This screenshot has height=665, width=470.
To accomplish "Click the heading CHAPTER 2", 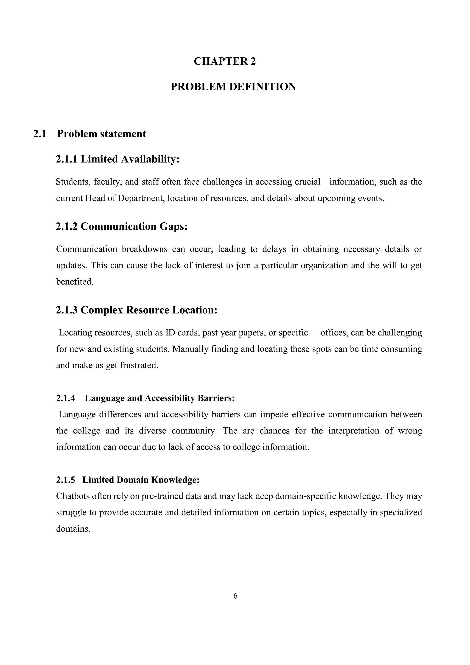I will click(x=225, y=61).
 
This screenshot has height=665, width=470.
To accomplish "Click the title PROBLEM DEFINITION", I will click(x=233, y=87).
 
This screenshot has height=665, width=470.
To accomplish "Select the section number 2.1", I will click(x=40, y=134).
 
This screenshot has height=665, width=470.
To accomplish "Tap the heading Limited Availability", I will click(x=130, y=159).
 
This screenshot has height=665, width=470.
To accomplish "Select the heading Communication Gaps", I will click(x=134, y=226).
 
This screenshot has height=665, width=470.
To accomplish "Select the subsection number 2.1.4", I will click(x=65, y=398).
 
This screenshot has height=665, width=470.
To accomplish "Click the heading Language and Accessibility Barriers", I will click(x=159, y=398).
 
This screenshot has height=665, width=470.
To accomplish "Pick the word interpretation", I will click(x=354, y=431).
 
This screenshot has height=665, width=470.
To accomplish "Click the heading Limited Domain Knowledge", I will click(x=141, y=480).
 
